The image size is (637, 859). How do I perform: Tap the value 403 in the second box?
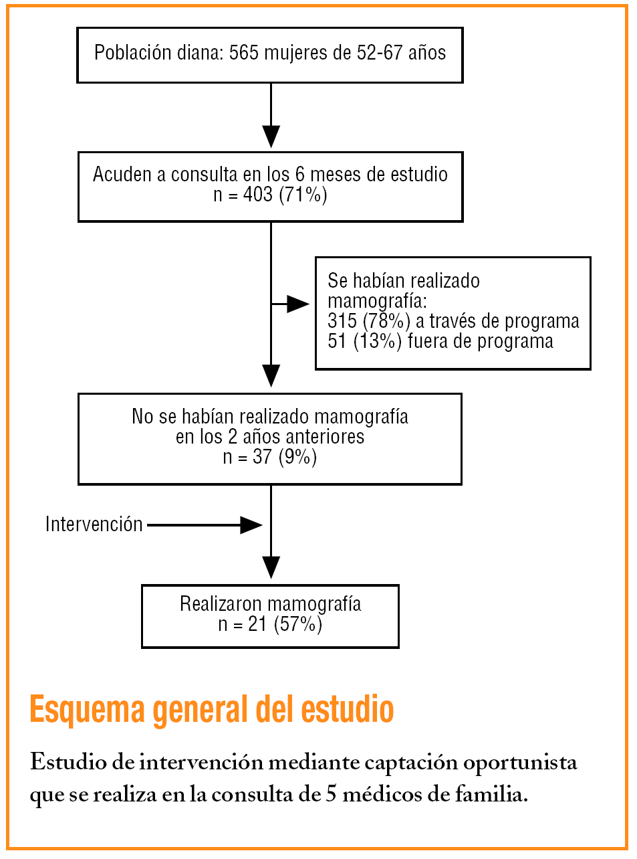pyautogui.click(x=257, y=195)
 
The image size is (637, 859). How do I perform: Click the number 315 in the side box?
pyautogui.click(x=342, y=321)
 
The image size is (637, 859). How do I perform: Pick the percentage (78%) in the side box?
pyautogui.click(x=386, y=321)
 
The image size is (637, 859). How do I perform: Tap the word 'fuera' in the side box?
pyautogui.click(x=428, y=341)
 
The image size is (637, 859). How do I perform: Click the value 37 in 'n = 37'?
pyautogui.click(x=262, y=457)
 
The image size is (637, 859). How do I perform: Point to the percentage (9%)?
pyautogui.click(x=297, y=457)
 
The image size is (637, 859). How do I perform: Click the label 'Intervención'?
pyautogui.click(x=94, y=524)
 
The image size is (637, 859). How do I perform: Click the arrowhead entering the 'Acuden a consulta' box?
pyautogui.click(x=271, y=136)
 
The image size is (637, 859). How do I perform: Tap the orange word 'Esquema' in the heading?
pyautogui.click(x=87, y=710)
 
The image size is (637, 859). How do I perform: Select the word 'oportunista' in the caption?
pyautogui.click(x=520, y=762)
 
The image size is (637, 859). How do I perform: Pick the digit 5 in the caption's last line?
pyautogui.click(x=331, y=795)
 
